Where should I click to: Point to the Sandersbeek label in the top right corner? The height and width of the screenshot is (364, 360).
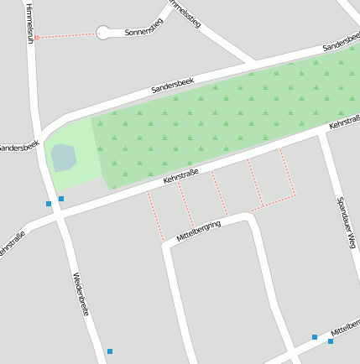341,44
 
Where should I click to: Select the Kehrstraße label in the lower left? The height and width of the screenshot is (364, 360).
12,243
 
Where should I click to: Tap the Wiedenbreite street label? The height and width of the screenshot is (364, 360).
81,294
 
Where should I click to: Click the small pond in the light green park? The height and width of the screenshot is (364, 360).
63,157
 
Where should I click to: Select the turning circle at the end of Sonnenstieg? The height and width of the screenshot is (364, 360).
103,33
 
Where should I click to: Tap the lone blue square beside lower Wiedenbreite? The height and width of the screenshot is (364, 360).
109,351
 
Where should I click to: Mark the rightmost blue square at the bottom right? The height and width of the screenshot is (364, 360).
331,341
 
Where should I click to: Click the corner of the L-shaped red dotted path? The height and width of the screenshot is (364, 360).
295,196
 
